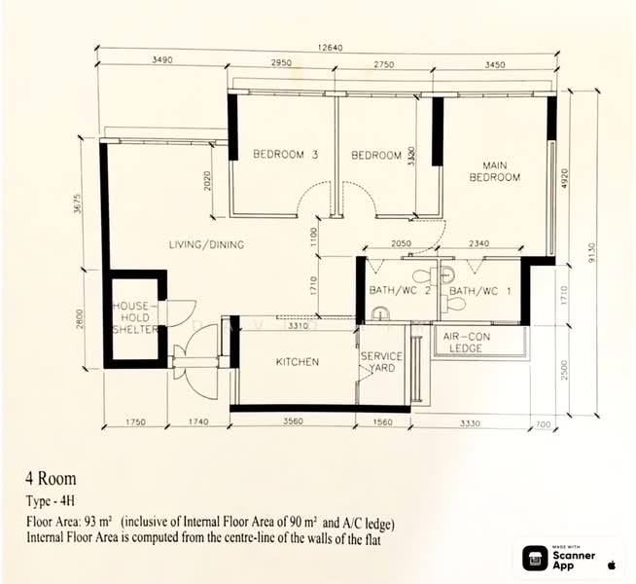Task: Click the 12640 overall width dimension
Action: click(330, 48)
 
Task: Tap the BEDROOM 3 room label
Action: click(286, 154)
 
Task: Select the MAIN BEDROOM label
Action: click(494, 171)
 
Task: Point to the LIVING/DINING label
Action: click(206, 244)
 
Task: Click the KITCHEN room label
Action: click(298, 362)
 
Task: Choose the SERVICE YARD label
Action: click(381, 362)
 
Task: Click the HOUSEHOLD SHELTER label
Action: click(135, 317)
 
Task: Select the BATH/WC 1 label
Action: click(480, 291)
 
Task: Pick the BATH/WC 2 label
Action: click(399, 290)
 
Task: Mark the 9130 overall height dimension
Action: click(591, 252)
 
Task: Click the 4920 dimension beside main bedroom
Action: click(565, 178)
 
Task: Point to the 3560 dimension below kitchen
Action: click(293, 421)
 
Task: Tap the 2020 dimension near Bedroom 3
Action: click(207, 181)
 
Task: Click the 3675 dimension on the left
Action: click(78, 204)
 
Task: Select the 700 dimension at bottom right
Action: click(543, 424)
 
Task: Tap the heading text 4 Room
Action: click(51, 479)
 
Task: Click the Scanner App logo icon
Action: click(536, 558)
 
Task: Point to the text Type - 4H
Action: click(51, 501)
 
